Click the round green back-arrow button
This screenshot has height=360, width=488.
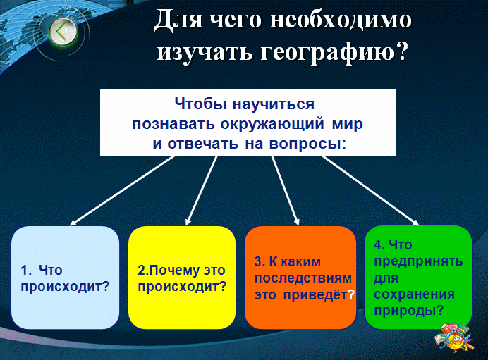coord(63,32)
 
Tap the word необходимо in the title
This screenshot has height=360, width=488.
coord(341,20)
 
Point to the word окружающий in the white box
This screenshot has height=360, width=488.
coord(272,125)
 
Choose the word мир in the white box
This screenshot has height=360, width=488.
coord(348,124)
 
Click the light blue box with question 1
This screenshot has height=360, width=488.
coord(65,278)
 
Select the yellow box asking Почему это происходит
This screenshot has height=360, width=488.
coord(182,278)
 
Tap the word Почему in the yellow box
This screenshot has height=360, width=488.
coord(168,270)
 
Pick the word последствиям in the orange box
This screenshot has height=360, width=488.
coord(303,278)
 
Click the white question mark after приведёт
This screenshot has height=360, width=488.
coord(351,294)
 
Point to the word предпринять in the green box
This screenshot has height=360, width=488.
coord(418,261)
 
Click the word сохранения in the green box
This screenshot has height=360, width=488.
coord(414,294)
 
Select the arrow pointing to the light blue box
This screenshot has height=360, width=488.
coord(122,190)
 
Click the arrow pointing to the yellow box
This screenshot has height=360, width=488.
coord(201,190)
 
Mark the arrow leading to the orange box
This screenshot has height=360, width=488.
coord(286,190)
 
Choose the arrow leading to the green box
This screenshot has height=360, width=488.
coord(370,190)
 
